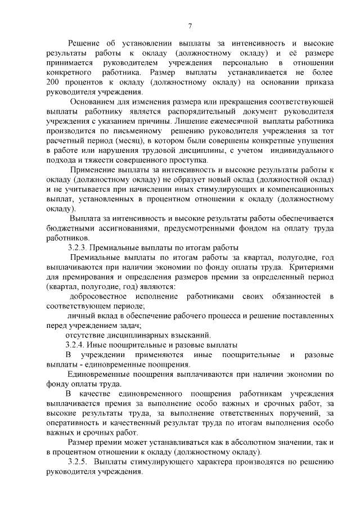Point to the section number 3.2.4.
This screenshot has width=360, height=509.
pyautogui.click(x=76, y=344)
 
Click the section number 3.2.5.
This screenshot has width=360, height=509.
pyautogui.click(x=78, y=461)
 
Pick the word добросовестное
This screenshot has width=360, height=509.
pyautogui.click(x=97, y=296)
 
